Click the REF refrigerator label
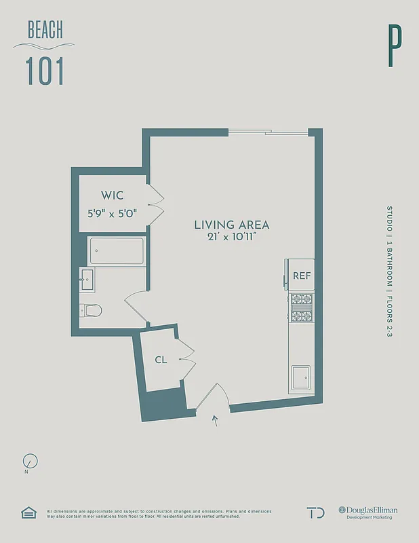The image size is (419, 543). pyautogui.click(x=301, y=276)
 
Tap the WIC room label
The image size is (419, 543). pyautogui.click(x=113, y=195)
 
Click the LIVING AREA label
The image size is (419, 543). pyautogui.click(x=232, y=225)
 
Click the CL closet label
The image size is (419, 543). pyautogui.click(x=161, y=360)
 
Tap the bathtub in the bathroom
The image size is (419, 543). pyautogui.click(x=116, y=250)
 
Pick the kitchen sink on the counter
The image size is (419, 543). pyautogui.click(x=300, y=375)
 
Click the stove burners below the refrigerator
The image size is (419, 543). pyautogui.click(x=301, y=307)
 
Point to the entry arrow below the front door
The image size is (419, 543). pyautogui.click(x=216, y=421)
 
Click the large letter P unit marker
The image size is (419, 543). pyautogui.click(x=395, y=46)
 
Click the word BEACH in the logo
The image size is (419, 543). pyautogui.click(x=45, y=30)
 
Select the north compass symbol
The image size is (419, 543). pyautogui.click(x=30, y=462)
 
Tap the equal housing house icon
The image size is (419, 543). pyautogui.click(x=28, y=512)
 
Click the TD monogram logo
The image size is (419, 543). pyautogui.click(x=315, y=512)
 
